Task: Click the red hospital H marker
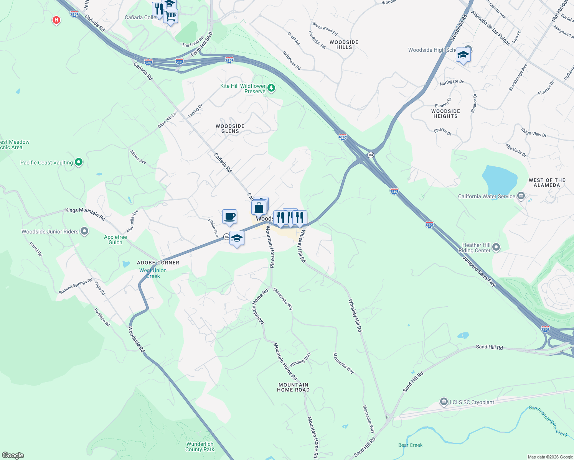(56, 20)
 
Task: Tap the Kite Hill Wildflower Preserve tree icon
(271, 88)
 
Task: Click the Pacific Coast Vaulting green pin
(79, 163)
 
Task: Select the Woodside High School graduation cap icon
(463, 56)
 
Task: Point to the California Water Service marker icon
(521, 196)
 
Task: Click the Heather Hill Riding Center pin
(496, 247)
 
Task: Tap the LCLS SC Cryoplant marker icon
(444, 402)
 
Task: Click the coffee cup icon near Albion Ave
(229, 217)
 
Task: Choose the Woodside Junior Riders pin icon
(84, 231)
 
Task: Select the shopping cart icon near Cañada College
(170, 16)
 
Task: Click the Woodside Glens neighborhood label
(230, 128)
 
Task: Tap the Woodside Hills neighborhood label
(344, 44)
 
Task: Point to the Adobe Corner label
(158, 263)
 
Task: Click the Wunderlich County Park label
(200, 447)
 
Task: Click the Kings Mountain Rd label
(85, 214)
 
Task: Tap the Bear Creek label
(410, 445)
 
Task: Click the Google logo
(13, 455)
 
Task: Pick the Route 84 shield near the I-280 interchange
(371, 155)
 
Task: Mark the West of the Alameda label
(547, 182)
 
